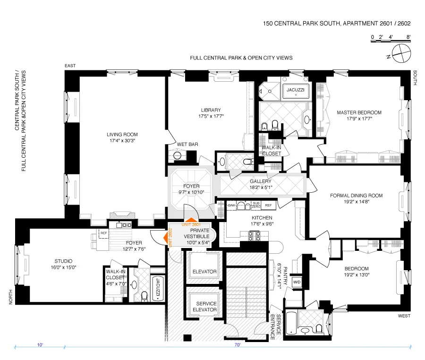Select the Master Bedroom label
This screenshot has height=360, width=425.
pos(359,115)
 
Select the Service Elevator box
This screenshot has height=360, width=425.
pos(204,307)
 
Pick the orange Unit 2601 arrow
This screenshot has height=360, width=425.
pos(190,220)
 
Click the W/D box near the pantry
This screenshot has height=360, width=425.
pos(297,282)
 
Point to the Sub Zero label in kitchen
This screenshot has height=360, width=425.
pos(255,205)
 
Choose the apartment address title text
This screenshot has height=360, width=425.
pos(337,23)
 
